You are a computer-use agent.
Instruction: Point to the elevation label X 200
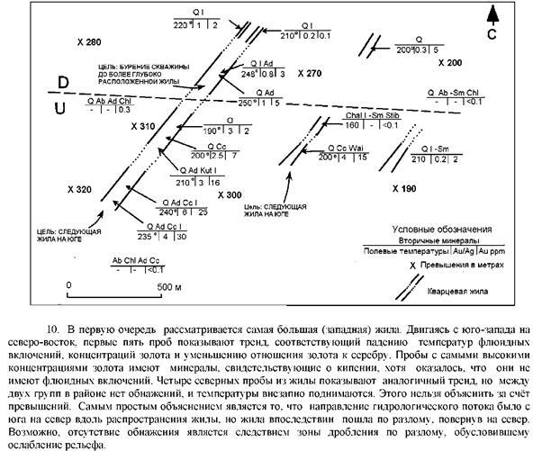tap(449, 64)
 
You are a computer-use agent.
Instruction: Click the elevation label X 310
tap(143, 125)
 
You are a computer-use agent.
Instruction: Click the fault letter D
tap(64, 83)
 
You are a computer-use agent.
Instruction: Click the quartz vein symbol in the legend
tap(414, 289)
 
